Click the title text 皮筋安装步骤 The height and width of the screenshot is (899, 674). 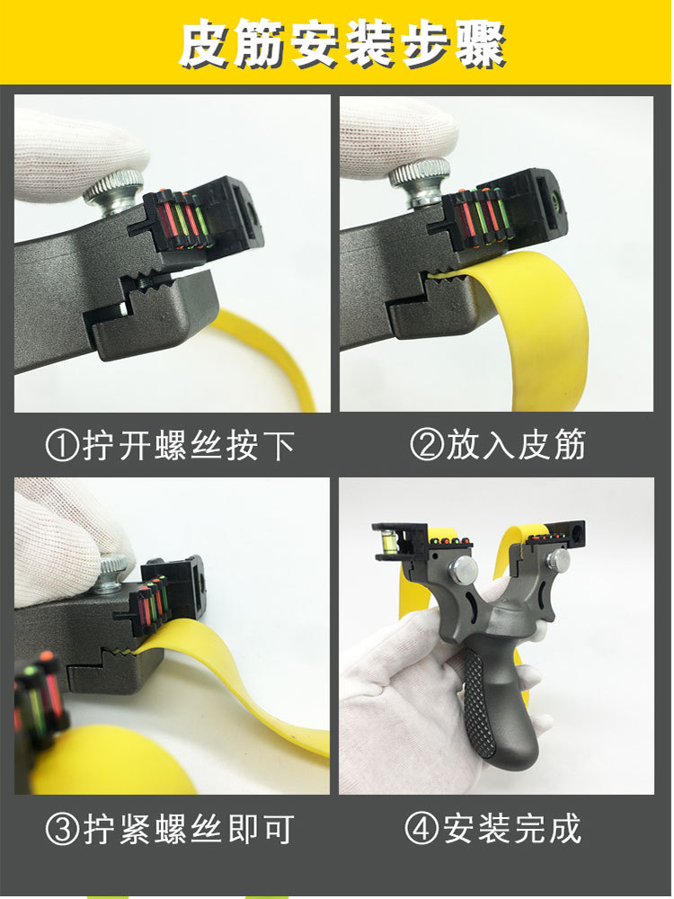342,43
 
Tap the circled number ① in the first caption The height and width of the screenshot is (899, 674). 62,446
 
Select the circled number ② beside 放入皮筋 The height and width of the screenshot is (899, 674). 427,445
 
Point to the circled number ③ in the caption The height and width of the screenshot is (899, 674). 62,829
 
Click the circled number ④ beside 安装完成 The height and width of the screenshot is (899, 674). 421,828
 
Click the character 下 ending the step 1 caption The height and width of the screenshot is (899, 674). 279,446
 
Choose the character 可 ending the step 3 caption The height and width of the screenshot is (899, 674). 279,829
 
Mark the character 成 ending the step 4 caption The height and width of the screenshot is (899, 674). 565,828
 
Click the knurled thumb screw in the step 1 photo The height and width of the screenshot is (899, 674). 113,192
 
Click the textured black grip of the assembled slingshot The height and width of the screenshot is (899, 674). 479,705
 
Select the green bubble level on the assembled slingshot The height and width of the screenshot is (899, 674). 386,540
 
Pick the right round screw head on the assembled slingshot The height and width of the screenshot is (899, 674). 558,559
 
